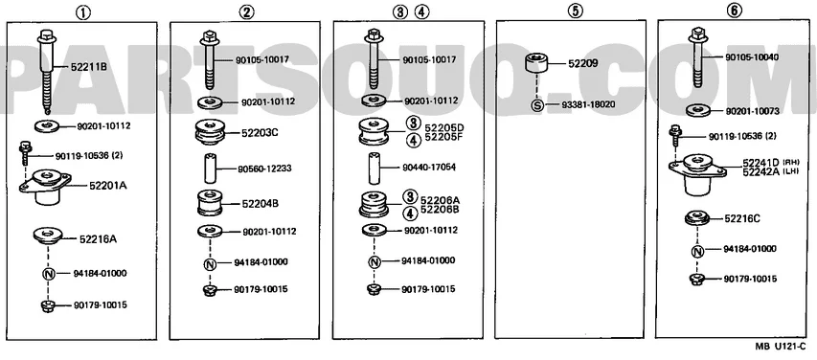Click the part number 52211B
pos(89,67)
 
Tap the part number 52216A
pos(98,239)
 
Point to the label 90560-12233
pos(264,169)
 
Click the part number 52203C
pos(260,133)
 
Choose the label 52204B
pos(260,204)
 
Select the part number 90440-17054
pos(429,168)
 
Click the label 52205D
pos(443,127)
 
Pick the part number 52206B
pos(441,210)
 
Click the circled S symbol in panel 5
pos(537,105)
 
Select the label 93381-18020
pos(588,104)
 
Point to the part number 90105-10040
pos(752,56)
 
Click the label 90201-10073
pos(752,111)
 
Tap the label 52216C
pos(742,219)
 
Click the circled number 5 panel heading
pos(575,11)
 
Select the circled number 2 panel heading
pos(246,12)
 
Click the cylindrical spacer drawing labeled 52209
pos(537,64)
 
